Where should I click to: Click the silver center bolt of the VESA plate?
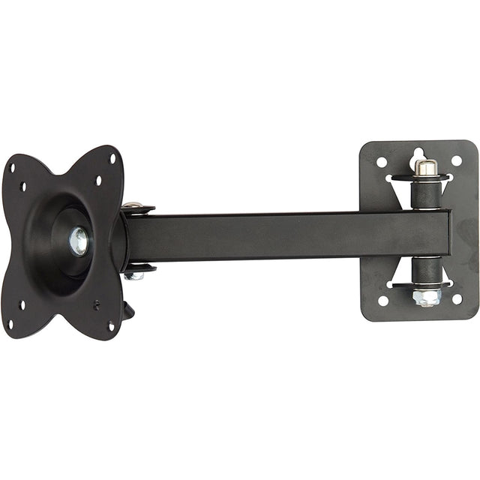(78, 241)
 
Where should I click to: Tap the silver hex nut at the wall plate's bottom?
(425, 298)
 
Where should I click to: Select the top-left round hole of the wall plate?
(382, 161)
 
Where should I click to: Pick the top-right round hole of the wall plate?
(456, 160)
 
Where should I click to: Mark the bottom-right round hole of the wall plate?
(457, 298)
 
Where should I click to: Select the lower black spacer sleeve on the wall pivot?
(426, 268)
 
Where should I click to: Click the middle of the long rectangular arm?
(289, 234)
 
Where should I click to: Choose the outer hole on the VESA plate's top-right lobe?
(113, 158)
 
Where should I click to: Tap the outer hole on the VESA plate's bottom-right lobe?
(111, 325)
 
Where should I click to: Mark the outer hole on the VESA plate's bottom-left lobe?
(11, 325)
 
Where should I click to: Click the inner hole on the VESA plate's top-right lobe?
(98, 180)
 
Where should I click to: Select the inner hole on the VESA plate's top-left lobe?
(23, 186)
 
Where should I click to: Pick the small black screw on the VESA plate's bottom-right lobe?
(97, 304)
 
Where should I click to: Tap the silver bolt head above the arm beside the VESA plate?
(133, 204)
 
